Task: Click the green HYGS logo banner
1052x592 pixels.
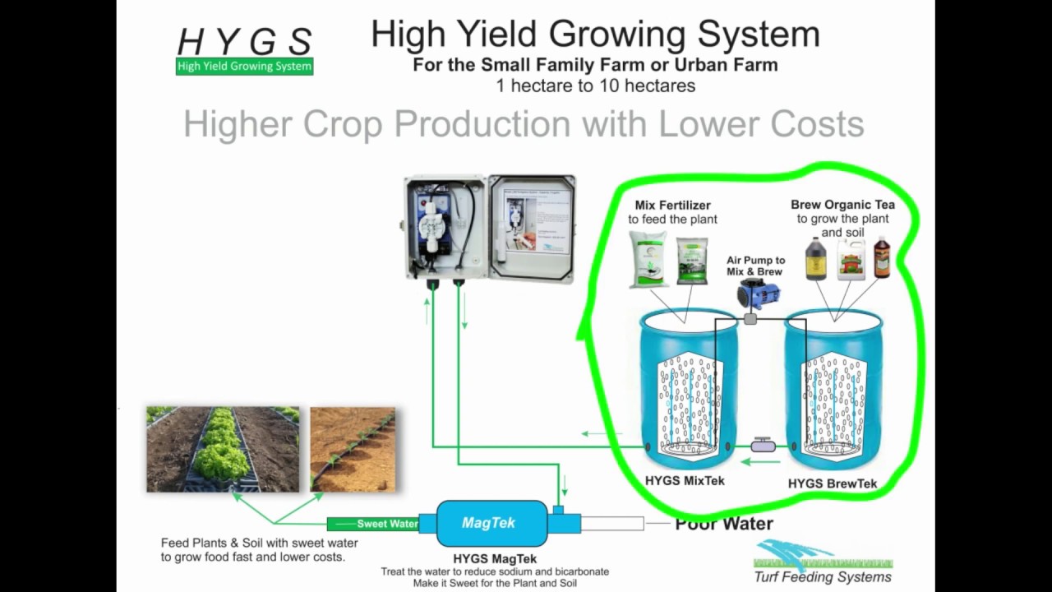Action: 244,67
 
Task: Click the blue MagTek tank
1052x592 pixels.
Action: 491,523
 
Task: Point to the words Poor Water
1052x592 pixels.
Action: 723,524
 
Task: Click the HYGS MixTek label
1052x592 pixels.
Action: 685,481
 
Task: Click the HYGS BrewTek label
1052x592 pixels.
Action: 833,483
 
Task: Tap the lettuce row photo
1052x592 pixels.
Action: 223,449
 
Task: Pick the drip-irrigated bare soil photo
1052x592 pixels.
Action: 353,449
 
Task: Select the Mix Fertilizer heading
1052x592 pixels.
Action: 672,205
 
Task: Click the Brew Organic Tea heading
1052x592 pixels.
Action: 842,205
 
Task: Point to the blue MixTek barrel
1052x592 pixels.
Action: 689,386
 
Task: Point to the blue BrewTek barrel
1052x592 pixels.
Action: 834,386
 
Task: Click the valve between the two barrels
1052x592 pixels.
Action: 763,446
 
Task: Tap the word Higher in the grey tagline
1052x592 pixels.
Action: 238,124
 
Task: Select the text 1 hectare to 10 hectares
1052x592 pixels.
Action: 595,86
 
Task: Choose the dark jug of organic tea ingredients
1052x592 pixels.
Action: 815,259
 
